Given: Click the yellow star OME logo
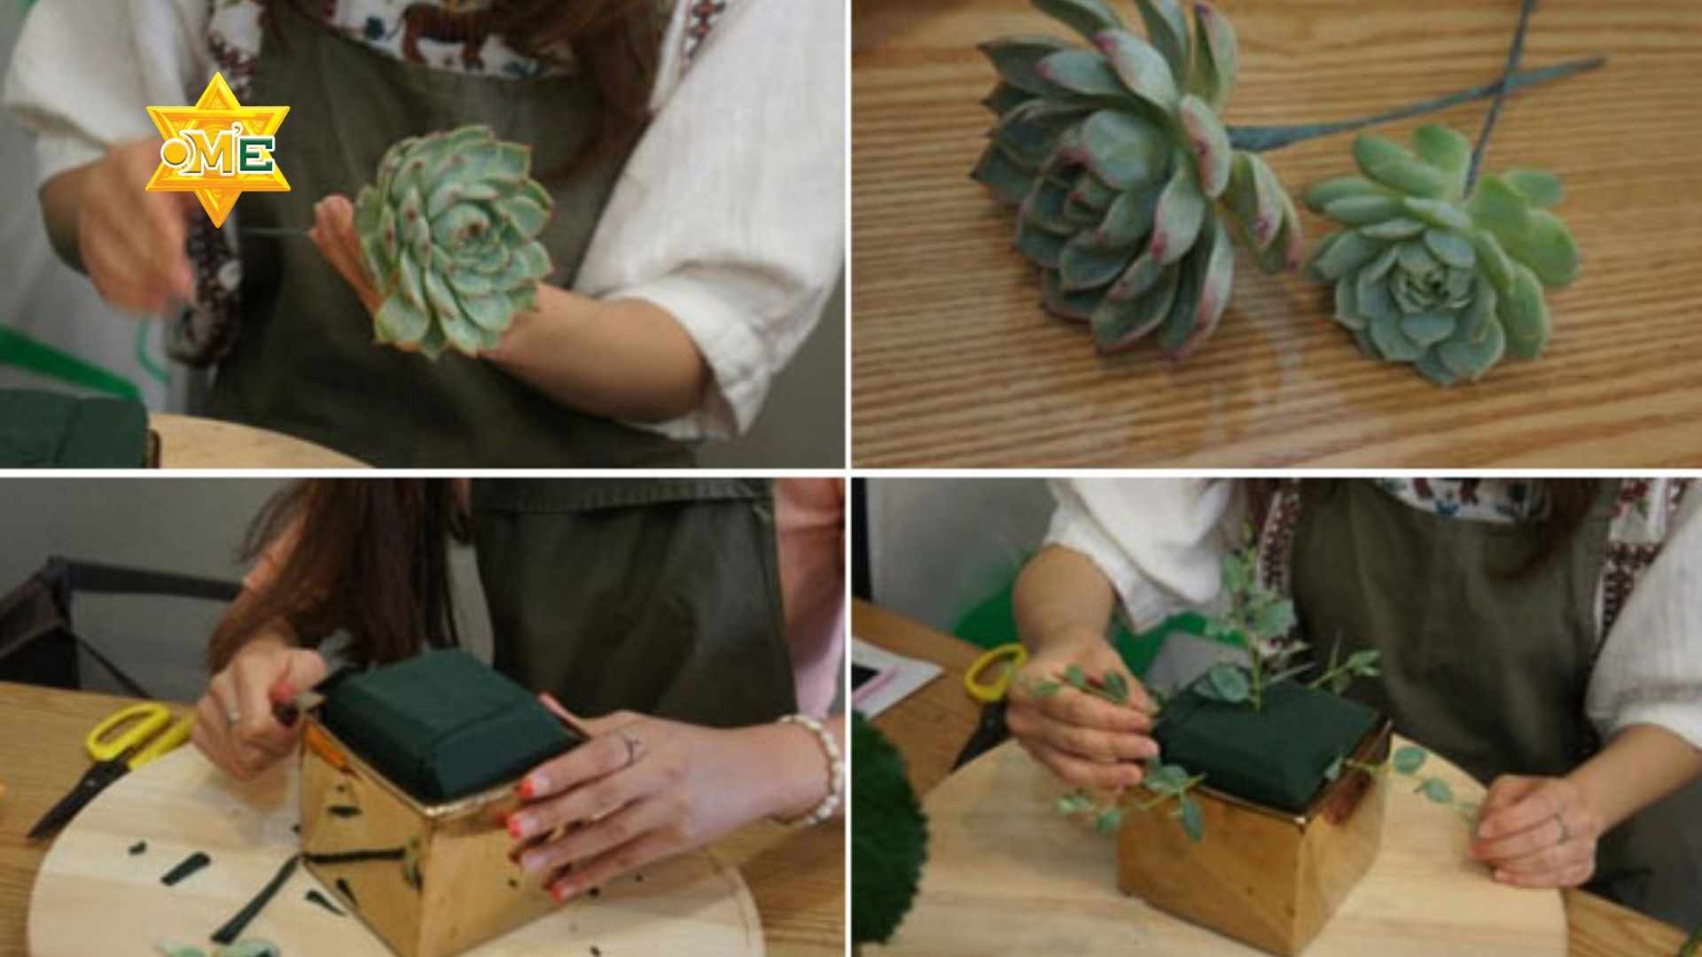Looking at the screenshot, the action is [x=217, y=149].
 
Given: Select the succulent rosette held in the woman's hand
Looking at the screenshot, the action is [x=452, y=239].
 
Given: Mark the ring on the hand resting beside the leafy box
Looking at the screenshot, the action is [x=1561, y=828].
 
